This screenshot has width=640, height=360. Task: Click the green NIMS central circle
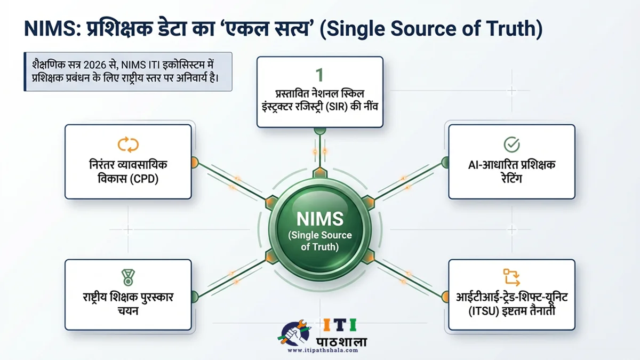point(319,229)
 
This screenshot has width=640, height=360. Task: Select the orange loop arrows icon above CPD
point(128,144)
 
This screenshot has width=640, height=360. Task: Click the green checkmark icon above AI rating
point(511,144)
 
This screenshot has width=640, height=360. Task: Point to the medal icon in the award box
point(128,277)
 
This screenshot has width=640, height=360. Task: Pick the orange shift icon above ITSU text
point(511,277)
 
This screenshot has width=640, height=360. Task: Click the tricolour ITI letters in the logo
point(340,325)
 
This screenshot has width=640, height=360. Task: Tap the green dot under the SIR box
point(319,130)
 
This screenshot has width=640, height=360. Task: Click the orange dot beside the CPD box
point(194,162)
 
